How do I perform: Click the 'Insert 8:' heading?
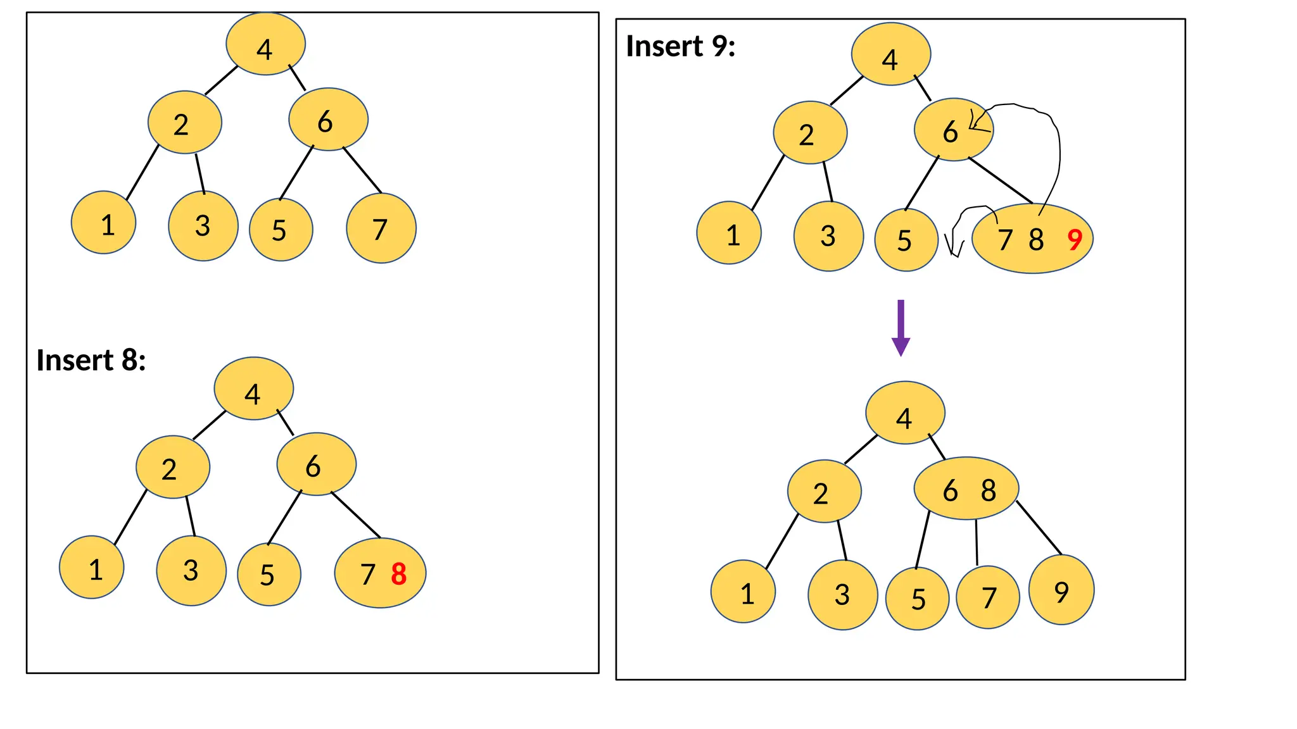click(91, 360)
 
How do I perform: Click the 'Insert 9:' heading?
click(680, 46)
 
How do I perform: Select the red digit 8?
click(398, 574)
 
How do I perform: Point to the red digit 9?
click(1075, 240)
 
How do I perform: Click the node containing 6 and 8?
click(966, 489)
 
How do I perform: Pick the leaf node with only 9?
click(1061, 590)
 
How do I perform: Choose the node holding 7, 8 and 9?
click(1032, 239)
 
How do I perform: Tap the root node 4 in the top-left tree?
click(265, 44)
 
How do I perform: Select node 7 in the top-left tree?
click(381, 228)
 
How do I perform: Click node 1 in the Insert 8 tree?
click(92, 568)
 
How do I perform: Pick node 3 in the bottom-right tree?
click(843, 594)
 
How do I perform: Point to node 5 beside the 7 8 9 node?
click(906, 240)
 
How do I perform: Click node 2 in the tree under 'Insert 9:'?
click(810, 133)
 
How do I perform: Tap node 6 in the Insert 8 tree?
click(316, 464)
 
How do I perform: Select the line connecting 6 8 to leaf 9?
click(1039, 528)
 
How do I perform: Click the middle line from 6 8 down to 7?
click(977, 542)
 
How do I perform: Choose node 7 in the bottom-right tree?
click(988, 597)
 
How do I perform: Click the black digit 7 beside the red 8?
click(368, 575)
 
